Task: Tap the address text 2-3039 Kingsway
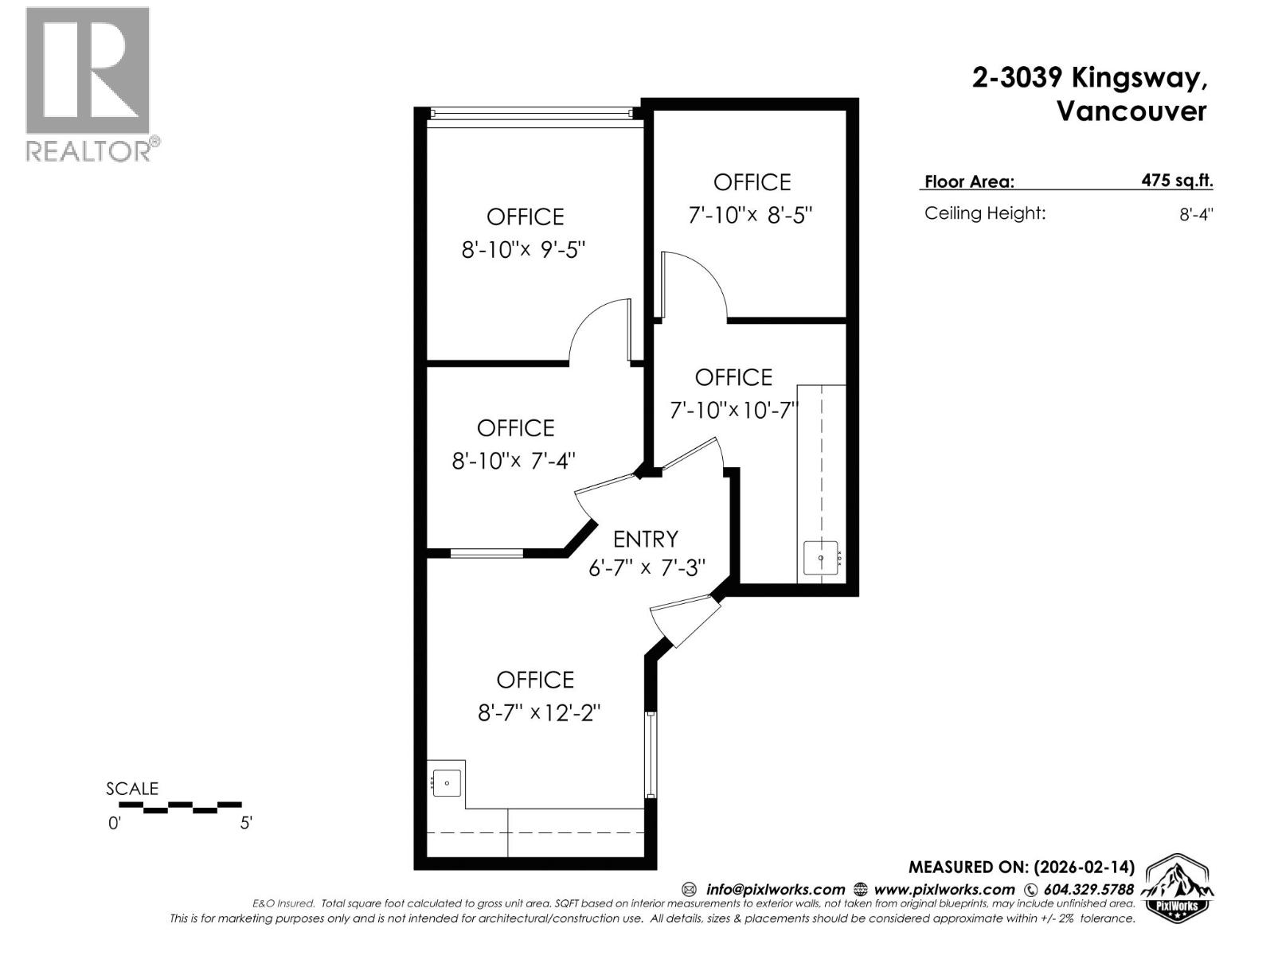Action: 1089,77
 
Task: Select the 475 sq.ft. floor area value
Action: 1177,181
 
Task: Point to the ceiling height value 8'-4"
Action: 1196,215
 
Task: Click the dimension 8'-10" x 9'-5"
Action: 523,250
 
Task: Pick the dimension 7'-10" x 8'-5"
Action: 750,215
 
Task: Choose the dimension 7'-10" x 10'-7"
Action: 734,411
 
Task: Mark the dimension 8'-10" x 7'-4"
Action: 513,461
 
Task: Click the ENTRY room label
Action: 646,540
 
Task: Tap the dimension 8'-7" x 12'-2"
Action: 538,712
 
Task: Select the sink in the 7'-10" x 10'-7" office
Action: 821,558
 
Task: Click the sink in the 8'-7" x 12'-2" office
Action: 447,783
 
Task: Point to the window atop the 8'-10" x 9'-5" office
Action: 531,113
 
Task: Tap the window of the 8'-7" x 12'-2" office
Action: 651,754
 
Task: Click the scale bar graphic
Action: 180,807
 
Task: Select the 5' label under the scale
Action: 246,823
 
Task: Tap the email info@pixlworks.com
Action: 775,890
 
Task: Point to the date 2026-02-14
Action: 1084,867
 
